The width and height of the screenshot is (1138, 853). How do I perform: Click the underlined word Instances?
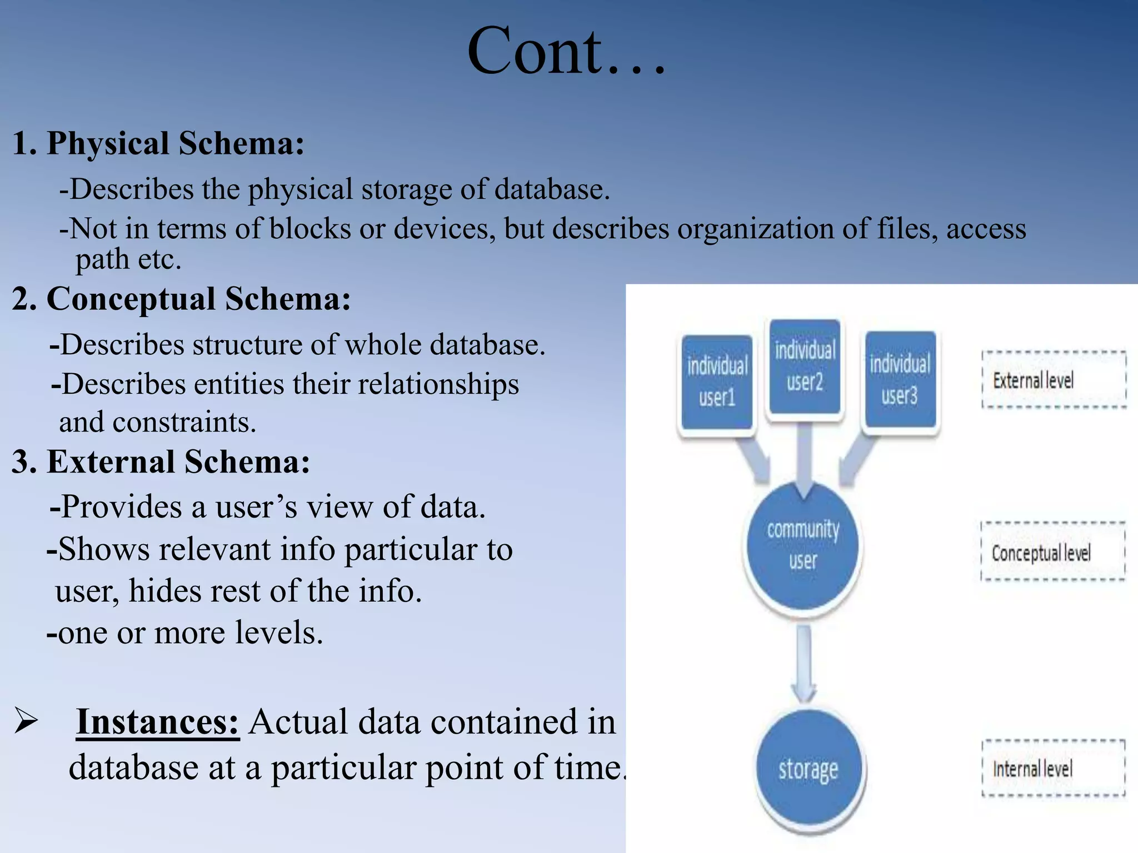pyautogui.click(x=157, y=721)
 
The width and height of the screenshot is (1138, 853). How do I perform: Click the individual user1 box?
pyautogui.click(x=717, y=382)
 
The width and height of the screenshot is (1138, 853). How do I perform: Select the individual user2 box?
pyautogui.click(x=805, y=367)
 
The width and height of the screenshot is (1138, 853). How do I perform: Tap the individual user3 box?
pyautogui.click(x=900, y=379)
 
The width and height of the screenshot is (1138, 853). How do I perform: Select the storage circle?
pyautogui.click(x=808, y=770)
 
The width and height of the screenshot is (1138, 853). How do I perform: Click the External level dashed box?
pyautogui.click(x=1054, y=380)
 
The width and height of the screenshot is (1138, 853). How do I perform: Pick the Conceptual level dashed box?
pyautogui.click(x=1052, y=552)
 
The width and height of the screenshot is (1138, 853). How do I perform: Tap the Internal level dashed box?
pyautogui.click(x=1053, y=769)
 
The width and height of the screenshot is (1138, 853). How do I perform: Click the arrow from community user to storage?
pyautogui.click(x=804, y=664)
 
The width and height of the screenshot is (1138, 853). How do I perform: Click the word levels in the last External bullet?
pyautogui.click(x=278, y=633)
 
